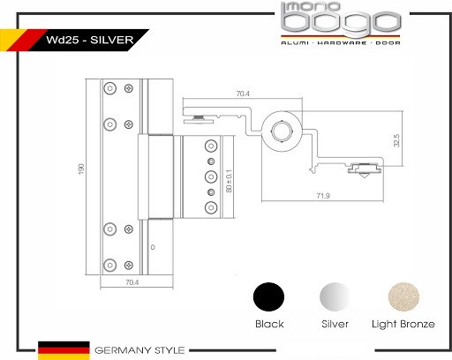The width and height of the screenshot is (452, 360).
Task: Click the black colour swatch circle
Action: coord(268,296)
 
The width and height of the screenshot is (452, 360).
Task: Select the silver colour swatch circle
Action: coord(335,296)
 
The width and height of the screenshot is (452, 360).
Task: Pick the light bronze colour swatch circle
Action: coord(403,296)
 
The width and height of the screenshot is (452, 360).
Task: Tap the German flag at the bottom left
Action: coord(64,350)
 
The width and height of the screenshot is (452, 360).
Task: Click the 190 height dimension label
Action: coord(81,169)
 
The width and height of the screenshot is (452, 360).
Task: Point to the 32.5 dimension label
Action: coord(396,140)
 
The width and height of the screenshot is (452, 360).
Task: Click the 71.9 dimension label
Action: coord(323,196)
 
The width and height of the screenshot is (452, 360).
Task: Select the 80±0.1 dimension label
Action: coord(229,181)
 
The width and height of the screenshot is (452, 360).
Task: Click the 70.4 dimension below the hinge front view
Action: coord(132,282)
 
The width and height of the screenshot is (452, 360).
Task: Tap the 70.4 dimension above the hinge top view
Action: coord(243,94)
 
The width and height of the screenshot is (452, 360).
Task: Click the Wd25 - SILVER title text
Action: coord(90,40)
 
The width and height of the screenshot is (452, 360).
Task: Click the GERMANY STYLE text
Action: coord(139,350)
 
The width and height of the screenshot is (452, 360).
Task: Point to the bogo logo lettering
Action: coord(341,22)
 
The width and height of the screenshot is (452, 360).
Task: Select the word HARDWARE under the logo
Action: coord(343,43)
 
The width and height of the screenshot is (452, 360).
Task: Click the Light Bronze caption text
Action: coord(403,324)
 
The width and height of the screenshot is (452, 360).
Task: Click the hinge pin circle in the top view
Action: coord(282,131)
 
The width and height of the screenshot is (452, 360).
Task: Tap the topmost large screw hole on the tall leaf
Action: coord(110,88)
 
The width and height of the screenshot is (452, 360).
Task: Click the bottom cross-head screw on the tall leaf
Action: coord(129,265)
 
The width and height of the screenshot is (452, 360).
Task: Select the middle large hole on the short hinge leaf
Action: coord(211,176)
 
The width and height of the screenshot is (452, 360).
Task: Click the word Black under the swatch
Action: coord(269,324)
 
